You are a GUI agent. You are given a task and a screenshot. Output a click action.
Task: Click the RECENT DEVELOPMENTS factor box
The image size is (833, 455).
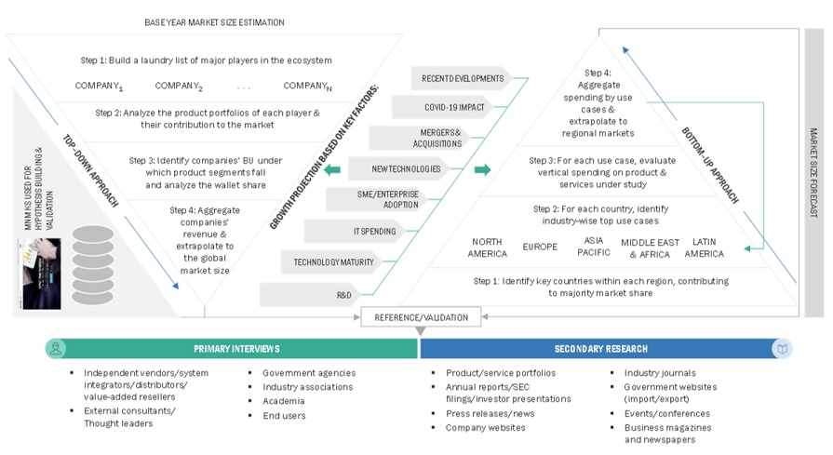462,78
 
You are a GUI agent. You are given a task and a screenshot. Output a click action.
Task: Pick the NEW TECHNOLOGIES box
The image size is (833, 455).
405,168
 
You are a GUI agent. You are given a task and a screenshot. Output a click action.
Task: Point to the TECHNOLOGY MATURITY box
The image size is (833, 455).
333,261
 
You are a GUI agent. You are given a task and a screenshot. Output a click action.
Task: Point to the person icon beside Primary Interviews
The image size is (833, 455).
56,348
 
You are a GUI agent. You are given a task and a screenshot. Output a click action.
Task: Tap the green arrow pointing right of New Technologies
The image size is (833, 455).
482,169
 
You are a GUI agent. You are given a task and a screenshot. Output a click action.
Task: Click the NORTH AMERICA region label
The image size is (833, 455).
488,248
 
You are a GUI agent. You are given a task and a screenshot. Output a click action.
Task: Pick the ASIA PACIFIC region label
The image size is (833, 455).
593,248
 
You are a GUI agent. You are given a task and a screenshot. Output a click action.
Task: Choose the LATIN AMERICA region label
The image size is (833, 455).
704,248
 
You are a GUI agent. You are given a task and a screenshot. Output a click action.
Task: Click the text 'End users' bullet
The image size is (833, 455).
284,416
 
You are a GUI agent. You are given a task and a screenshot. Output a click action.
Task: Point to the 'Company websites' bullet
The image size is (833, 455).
485,428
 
